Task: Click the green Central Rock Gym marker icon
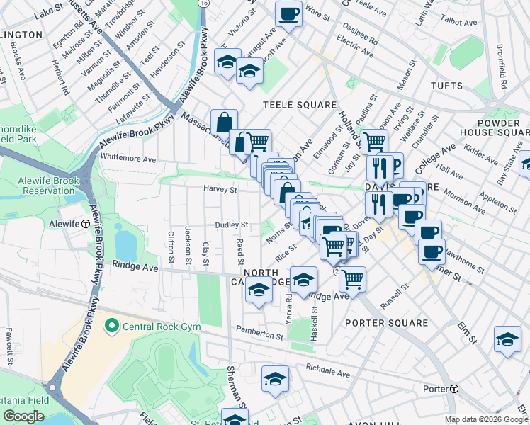[111, 327]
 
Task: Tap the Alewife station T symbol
[85, 223]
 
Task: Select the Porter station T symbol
[454, 389]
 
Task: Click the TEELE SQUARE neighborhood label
[300, 105]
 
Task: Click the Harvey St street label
[220, 189]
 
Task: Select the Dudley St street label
[232, 225]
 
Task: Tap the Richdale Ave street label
[328, 370]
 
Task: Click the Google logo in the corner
[23, 416]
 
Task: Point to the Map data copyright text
[486, 420]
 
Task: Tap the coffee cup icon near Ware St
[288, 14]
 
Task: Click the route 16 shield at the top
[204, 4]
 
